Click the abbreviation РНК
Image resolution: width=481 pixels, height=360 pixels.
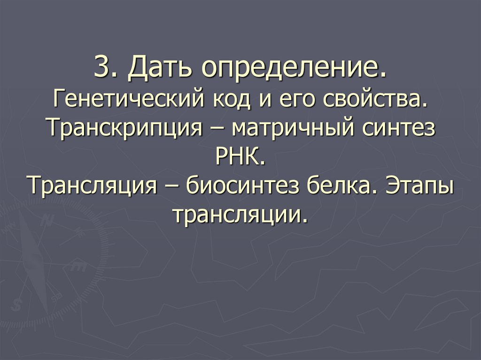point(240,157)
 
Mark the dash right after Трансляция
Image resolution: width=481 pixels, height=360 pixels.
point(172,186)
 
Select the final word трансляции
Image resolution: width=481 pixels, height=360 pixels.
point(240,214)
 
